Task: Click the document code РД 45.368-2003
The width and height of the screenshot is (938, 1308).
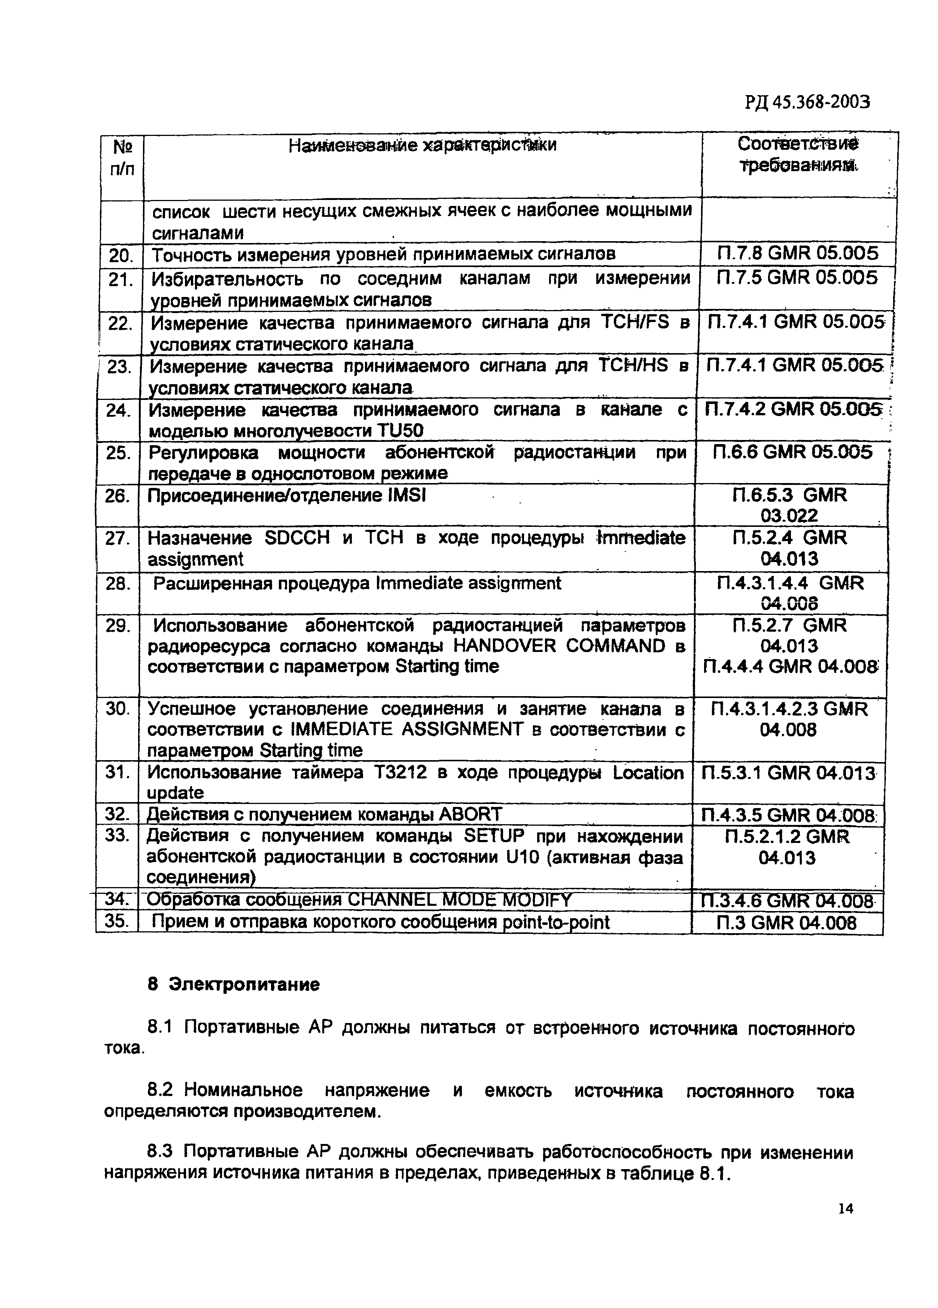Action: coord(806,103)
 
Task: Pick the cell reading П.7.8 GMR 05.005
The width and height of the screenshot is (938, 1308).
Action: coord(797,253)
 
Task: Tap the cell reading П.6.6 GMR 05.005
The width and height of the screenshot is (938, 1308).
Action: coord(792,452)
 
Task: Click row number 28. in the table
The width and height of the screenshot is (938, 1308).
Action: coord(118,584)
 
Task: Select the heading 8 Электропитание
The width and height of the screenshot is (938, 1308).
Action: coord(233,984)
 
